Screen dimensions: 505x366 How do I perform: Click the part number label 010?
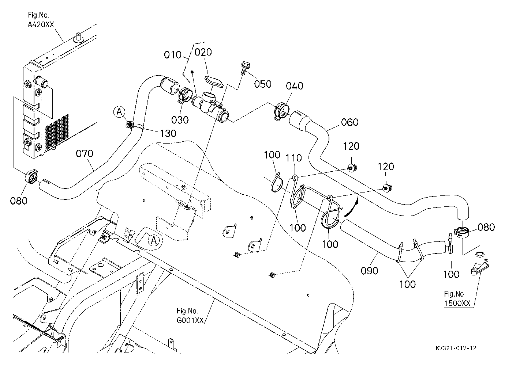(x=173, y=55)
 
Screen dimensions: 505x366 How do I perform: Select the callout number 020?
(x=203, y=52)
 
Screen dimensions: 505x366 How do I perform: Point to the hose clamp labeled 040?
(x=281, y=111)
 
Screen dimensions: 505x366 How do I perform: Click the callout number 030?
(x=180, y=120)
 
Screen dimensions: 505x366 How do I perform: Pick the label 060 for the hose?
(x=350, y=122)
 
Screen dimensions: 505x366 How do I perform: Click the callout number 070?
(x=85, y=154)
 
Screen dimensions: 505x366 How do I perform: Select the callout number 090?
(x=370, y=271)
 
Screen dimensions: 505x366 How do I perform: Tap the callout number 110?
(x=294, y=158)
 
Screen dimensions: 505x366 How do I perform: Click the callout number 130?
(x=168, y=133)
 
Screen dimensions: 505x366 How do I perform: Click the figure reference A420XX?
(x=41, y=24)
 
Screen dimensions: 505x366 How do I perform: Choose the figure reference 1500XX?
(x=457, y=304)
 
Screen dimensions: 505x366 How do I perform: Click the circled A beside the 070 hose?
(x=120, y=112)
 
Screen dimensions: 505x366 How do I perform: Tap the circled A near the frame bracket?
(x=154, y=240)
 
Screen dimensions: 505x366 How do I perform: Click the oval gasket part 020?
(x=214, y=81)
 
